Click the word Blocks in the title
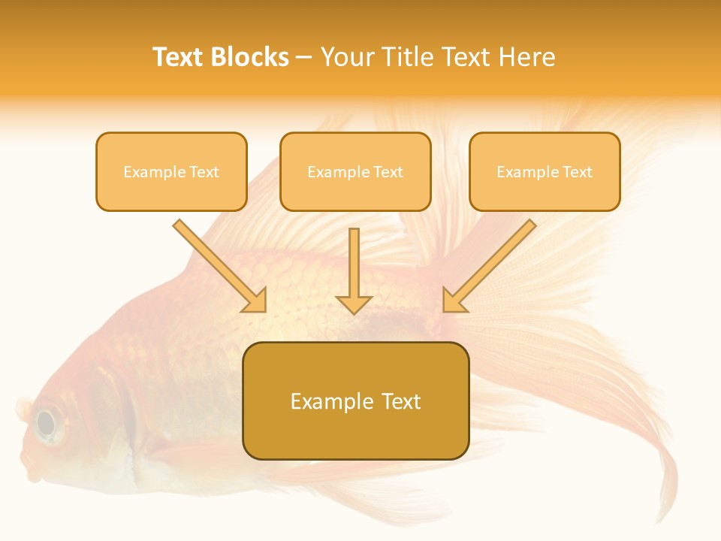tap(249, 57)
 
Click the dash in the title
tap(304, 58)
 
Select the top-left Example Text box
tap(171, 171)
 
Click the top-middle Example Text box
tap(355, 171)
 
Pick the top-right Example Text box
tap(545, 171)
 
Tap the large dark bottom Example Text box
tap(355, 400)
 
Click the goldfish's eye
tap(47, 423)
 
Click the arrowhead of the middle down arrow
tap(354, 304)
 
